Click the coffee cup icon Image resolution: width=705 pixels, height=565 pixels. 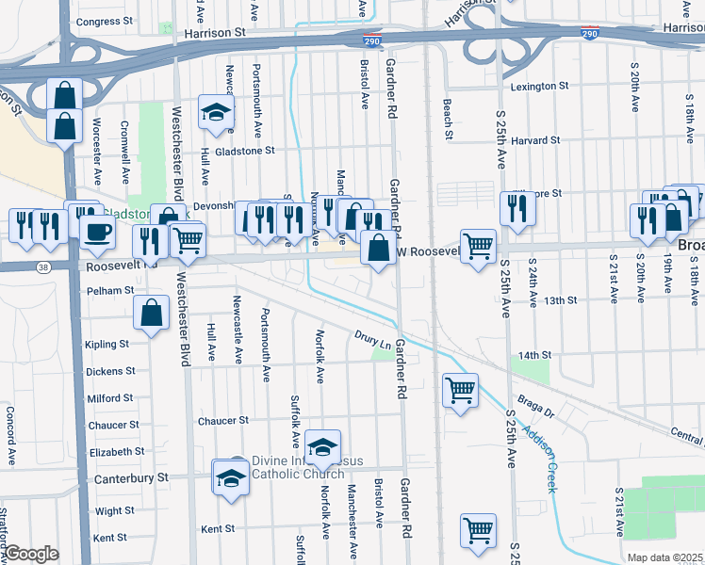[96, 232]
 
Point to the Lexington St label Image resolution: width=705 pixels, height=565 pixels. [539, 86]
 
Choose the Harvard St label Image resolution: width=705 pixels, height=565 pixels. [535, 140]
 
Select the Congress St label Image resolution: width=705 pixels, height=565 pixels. [105, 21]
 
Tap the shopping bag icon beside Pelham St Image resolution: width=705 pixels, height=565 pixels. [152, 313]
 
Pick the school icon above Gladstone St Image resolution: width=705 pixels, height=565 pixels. [216, 112]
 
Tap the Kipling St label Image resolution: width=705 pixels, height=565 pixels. [107, 345]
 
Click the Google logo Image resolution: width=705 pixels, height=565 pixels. [31, 555]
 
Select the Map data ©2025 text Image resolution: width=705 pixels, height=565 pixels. [664, 557]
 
